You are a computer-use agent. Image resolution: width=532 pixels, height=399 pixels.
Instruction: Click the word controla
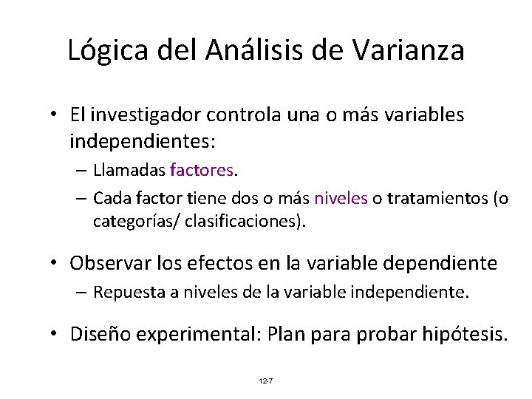click(242, 115)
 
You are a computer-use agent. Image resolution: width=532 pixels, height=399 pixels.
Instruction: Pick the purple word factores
click(201, 171)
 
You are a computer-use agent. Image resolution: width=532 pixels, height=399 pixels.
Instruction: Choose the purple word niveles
click(341, 199)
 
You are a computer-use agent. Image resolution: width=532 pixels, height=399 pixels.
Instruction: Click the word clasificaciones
click(246, 220)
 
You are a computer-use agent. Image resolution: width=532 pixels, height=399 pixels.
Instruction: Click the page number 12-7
click(266, 381)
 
